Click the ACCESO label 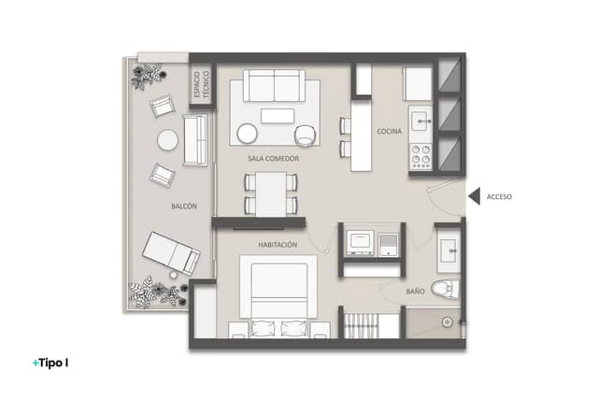[499, 197]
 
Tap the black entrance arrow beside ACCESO [476, 197]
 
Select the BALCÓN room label [184, 207]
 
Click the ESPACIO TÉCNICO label [202, 84]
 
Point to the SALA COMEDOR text [274, 158]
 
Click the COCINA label [390, 131]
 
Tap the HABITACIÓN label [278, 245]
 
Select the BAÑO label [415, 291]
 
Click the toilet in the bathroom [446, 289]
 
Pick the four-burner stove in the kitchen [420, 156]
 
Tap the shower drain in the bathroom [448, 322]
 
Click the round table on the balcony [167, 140]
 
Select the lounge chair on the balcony [171, 253]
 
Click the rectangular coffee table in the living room [278, 116]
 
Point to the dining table [271, 194]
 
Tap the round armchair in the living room [306, 135]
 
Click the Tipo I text [50, 363]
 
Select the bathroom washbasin [448, 250]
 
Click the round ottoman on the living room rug [247, 134]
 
